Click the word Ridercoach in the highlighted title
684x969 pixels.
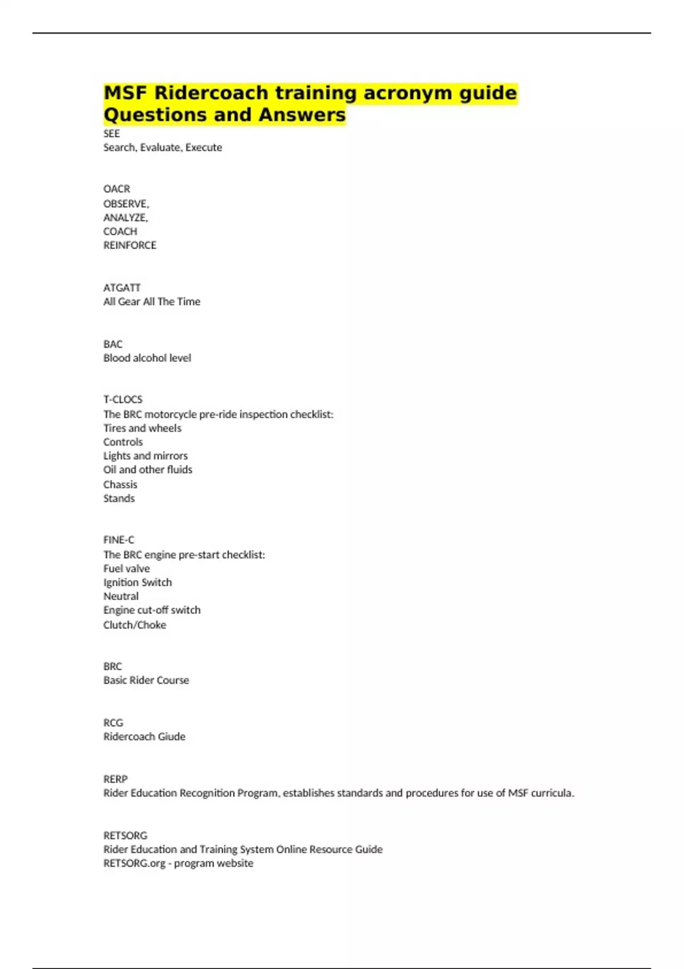pos(211,92)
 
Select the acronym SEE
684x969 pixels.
pos(112,133)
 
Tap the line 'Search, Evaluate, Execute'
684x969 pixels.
pos(162,147)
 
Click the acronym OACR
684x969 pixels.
pos(117,189)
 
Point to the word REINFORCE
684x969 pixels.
pos(130,245)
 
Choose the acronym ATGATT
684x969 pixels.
pos(122,287)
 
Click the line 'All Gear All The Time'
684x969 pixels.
pos(152,302)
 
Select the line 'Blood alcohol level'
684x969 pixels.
pos(147,358)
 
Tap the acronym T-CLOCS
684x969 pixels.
pos(123,400)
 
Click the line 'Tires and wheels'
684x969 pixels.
pos(142,428)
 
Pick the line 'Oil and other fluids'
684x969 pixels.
pos(148,470)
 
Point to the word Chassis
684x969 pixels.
pos(120,484)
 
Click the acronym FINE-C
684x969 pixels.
pos(119,540)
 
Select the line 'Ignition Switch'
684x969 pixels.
pos(137,583)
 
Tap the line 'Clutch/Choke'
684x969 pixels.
pos(135,625)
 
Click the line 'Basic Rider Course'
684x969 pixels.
pos(146,680)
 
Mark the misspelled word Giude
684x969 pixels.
pos(172,736)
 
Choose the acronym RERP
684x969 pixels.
pos(116,779)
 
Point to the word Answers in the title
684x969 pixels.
pos(302,115)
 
